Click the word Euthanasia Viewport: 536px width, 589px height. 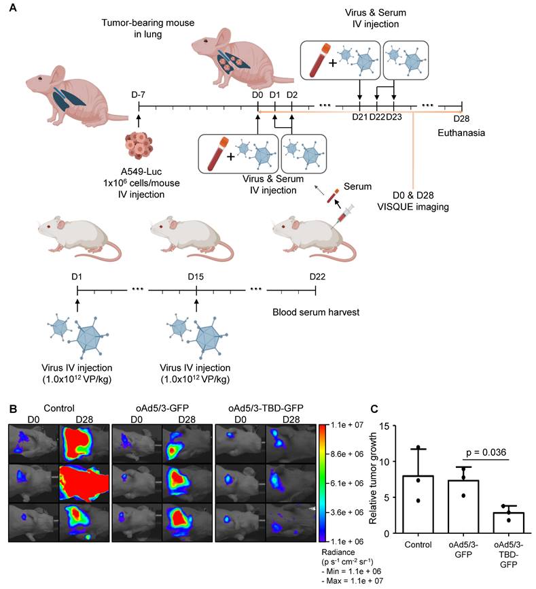[x=461, y=133]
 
